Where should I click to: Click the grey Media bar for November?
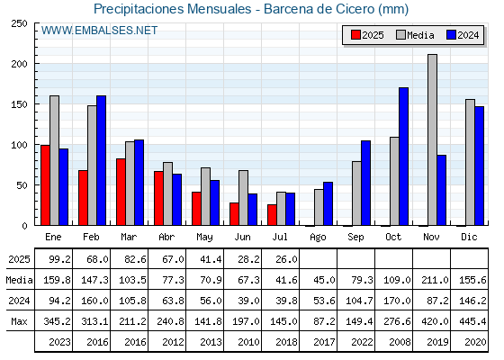[432, 139]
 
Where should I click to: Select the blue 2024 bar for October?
[404, 157]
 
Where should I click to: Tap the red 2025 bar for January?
[45, 185]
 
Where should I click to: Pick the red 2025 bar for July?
[272, 215]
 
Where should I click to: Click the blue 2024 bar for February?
[101, 160]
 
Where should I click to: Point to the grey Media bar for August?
[319, 207]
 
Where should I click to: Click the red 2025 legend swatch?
[355, 35]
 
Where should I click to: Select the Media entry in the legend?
[415, 35]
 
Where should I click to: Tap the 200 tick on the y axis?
[19, 64]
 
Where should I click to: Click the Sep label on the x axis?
[355, 238]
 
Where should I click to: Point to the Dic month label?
[469, 237]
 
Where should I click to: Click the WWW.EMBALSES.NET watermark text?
[99, 31]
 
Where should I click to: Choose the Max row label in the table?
[19, 321]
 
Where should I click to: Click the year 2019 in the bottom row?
[437, 342]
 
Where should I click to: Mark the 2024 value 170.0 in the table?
[397, 301]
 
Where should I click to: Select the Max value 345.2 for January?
[57, 321]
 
